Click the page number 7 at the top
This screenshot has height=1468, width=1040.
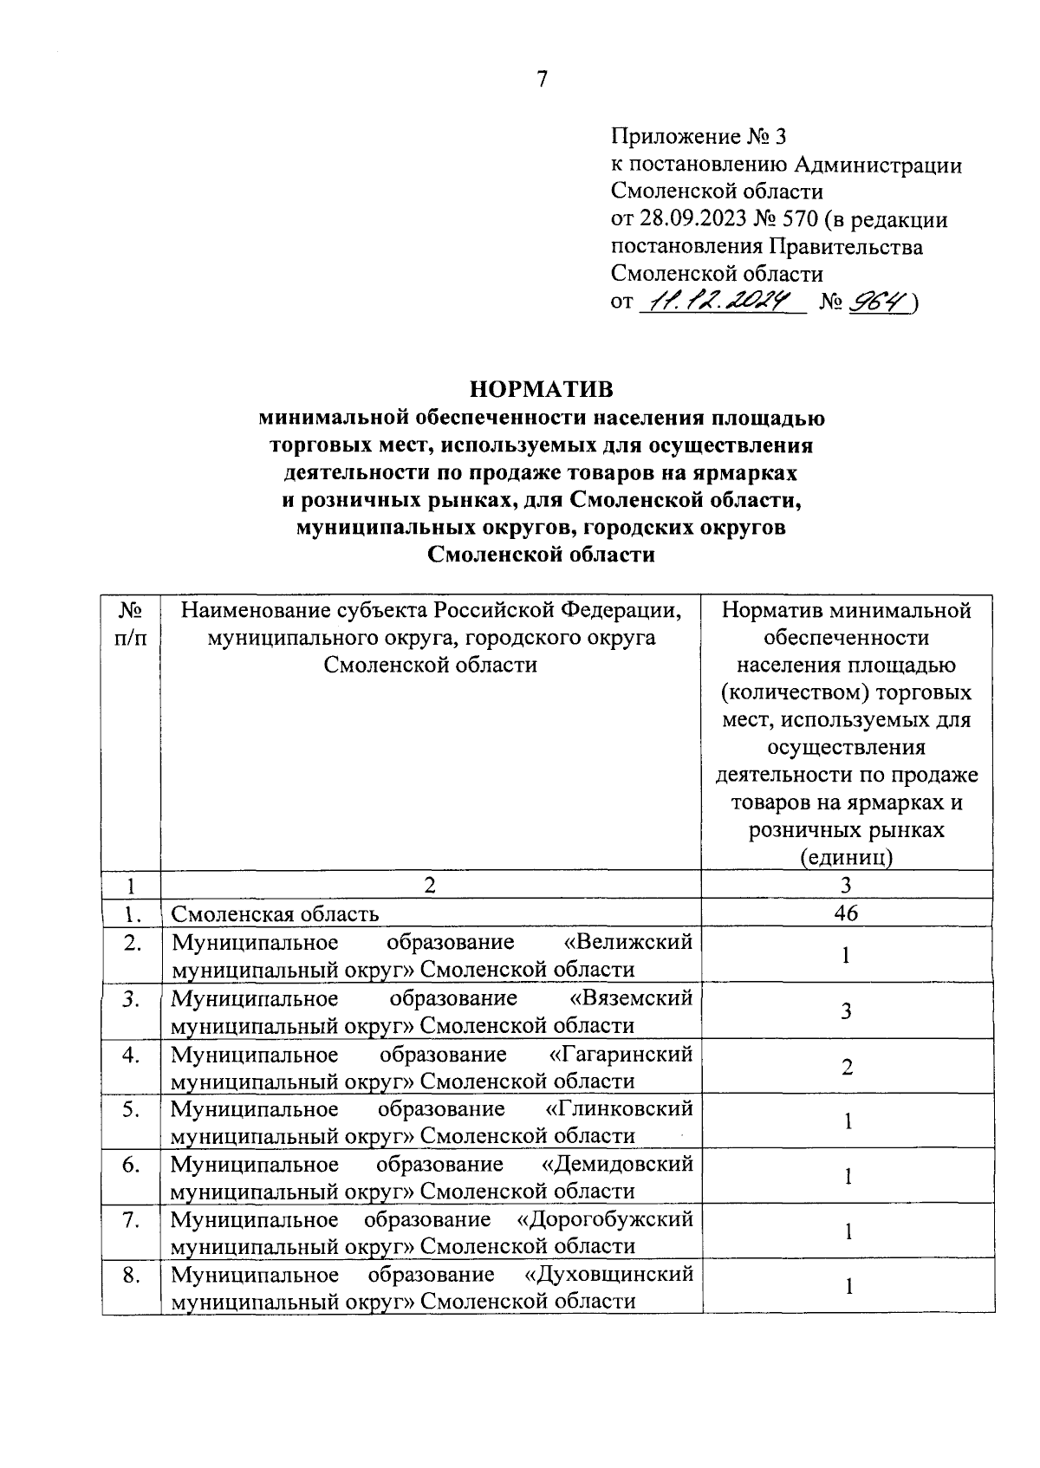coord(542,80)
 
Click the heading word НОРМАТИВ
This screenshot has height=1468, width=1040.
coord(541,387)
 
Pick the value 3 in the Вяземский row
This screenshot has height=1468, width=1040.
coord(847,1011)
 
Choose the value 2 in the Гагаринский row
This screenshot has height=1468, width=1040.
coord(847,1067)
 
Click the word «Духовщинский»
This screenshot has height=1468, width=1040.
coord(609,1275)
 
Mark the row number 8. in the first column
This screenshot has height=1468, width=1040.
coord(131,1275)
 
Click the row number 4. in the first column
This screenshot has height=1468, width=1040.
coord(131,1055)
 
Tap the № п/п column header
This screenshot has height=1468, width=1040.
coord(131,623)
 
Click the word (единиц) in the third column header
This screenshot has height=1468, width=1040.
coord(846,857)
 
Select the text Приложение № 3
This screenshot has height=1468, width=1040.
coord(699,137)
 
